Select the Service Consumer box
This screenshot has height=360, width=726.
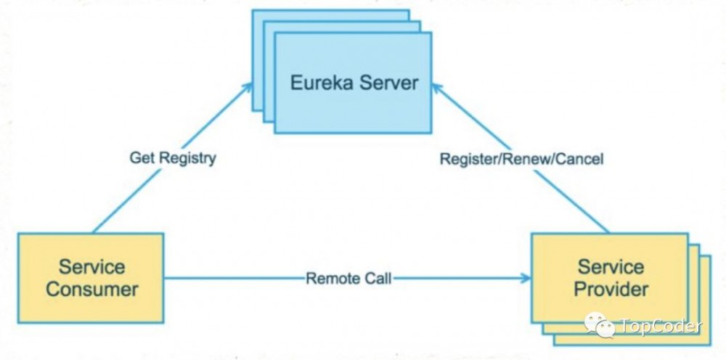pos(91,278)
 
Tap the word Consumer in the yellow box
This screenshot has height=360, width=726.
pos(91,290)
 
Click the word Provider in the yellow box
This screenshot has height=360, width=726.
pos(611,290)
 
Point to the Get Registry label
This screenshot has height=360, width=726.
pos(173,157)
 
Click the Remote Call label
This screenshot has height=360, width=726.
pos(348,278)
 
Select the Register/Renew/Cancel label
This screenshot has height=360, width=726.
pos(521,159)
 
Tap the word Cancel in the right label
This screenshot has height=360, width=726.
pos(579,159)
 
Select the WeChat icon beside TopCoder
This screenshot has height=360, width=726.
pos(600,325)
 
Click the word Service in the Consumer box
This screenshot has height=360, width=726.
pos(91,266)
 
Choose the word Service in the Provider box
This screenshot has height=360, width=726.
pos(611,266)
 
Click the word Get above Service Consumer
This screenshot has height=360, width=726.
pos(141,157)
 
